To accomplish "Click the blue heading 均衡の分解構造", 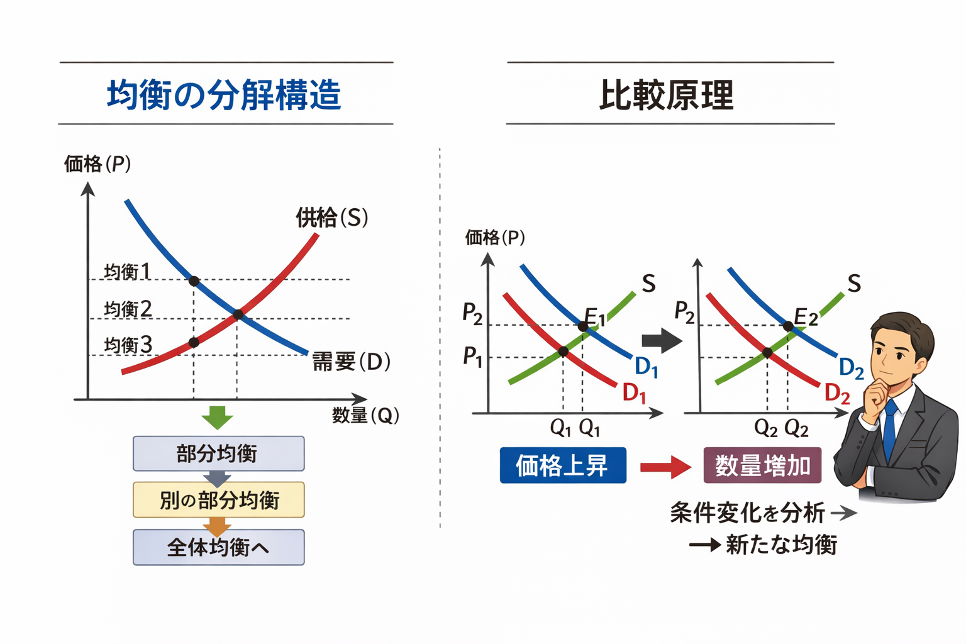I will pyautogui.click(x=224, y=95).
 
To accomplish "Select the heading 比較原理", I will pyautogui.click(x=666, y=95).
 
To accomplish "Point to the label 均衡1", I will pyautogui.click(x=127, y=271).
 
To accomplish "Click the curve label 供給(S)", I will pyautogui.click(x=331, y=218).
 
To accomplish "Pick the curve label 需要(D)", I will pyautogui.click(x=351, y=362).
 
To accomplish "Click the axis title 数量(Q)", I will pyautogui.click(x=365, y=415).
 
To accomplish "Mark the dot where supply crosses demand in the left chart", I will pyautogui.click(x=238, y=314).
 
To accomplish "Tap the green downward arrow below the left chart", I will pyautogui.click(x=218, y=418).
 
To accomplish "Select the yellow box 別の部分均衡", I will pyautogui.click(x=218, y=500).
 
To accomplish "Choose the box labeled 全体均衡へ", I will pyautogui.click(x=218, y=547).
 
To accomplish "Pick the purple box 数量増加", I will pyautogui.click(x=762, y=465).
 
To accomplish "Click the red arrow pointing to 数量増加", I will pyautogui.click(x=665, y=467).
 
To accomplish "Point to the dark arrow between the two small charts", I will pyautogui.click(x=661, y=341).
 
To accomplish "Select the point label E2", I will pyautogui.click(x=806, y=316).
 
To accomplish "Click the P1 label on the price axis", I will pyautogui.click(x=472, y=357).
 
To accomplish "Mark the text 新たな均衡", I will pyautogui.click(x=781, y=545).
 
